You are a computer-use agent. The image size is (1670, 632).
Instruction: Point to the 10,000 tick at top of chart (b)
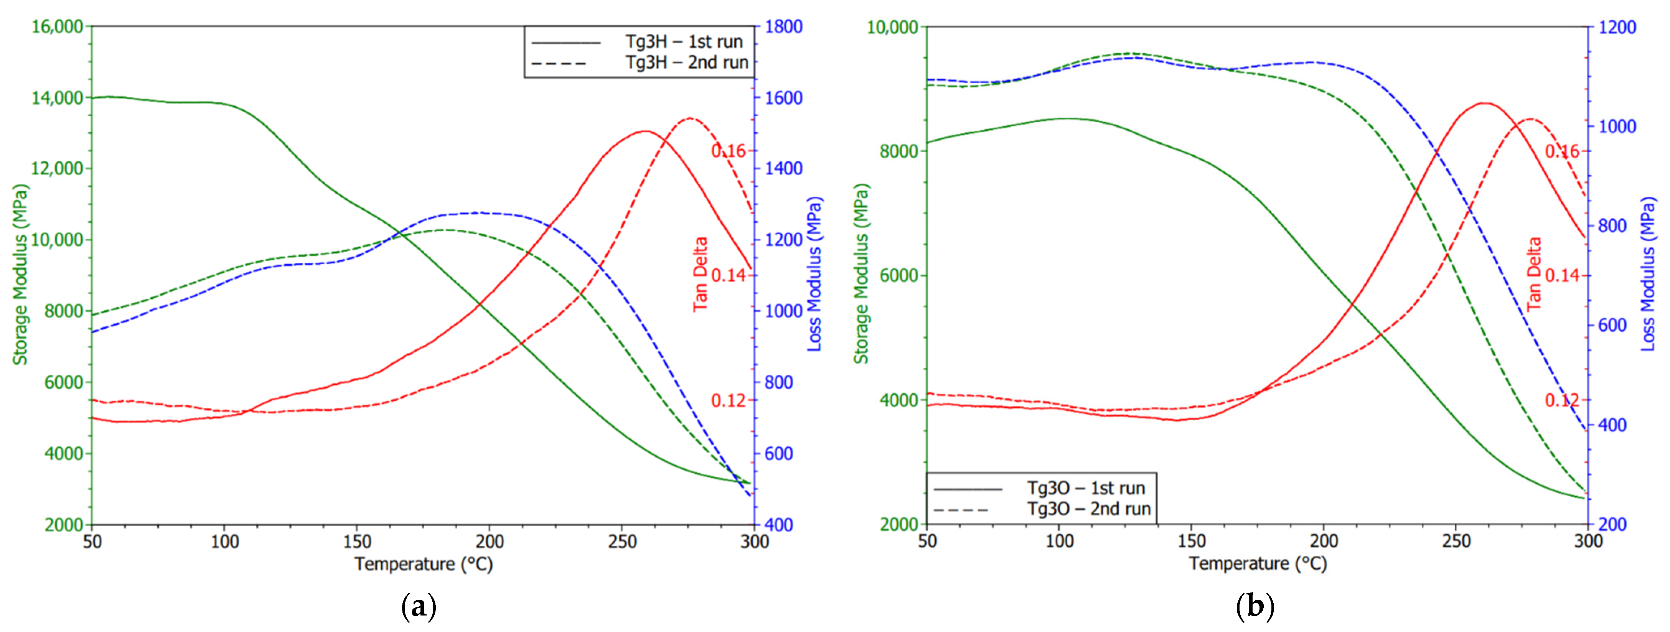pyautogui.click(x=893, y=27)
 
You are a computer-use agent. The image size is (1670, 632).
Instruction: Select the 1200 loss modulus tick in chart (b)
pyautogui.click(x=1617, y=27)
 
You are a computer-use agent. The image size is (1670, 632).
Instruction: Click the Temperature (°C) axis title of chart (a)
pyautogui.click(x=423, y=564)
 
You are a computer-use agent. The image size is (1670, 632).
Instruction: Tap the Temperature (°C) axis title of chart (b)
pyautogui.click(x=1258, y=564)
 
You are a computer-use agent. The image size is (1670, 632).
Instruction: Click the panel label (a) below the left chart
pyautogui.click(x=419, y=607)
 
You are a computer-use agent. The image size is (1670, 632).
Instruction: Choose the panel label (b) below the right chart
pyautogui.click(x=1255, y=607)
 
